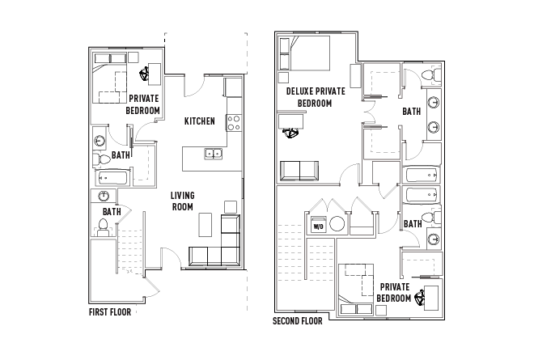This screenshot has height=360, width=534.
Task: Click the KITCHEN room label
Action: click(199, 121)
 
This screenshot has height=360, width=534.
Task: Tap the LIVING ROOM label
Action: click(182, 201)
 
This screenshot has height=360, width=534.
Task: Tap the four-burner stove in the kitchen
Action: click(234, 123)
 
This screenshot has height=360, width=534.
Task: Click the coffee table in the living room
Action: click(205, 222)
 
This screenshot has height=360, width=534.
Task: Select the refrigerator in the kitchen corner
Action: click(233, 87)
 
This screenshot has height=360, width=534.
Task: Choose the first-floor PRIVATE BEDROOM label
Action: click(143, 104)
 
